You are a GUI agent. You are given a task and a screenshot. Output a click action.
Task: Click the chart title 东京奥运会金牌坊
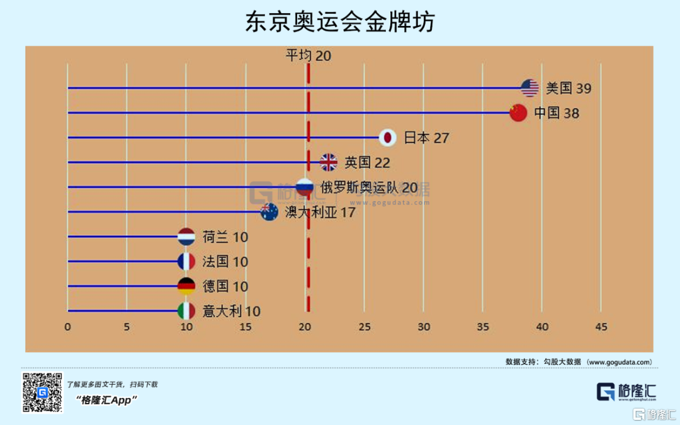click(340, 23)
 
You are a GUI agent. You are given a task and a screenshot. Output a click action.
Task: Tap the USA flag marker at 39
click(530, 88)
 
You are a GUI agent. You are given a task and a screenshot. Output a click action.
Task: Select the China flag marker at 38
click(518, 112)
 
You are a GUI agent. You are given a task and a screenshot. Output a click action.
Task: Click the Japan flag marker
click(388, 137)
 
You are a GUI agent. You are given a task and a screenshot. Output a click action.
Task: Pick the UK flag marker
click(329, 162)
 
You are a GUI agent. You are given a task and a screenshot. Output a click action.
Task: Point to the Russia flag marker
click(305, 187)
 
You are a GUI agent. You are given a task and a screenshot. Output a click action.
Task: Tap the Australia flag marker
click(269, 212)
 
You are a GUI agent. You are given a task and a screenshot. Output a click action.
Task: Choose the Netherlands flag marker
click(186, 236)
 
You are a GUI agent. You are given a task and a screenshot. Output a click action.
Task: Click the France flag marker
click(186, 261)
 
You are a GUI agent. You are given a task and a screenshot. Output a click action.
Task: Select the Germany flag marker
click(186, 286)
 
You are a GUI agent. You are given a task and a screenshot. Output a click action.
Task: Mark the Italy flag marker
click(186, 311)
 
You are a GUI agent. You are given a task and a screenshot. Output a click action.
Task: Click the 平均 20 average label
click(309, 55)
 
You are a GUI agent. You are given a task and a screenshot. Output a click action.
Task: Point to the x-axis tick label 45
click(601, 327)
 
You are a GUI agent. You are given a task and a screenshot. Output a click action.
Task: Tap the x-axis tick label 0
click(67, 327)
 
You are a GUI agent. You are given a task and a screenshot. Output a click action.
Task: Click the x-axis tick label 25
click(364, 327)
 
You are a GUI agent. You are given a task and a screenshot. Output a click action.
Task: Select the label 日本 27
click(426, 137)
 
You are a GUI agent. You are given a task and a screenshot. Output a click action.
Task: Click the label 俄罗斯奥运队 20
click(369, 187)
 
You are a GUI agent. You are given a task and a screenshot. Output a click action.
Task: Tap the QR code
click(42, 392)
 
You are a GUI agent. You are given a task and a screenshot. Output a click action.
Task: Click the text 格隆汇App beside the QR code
click(106, 400)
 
